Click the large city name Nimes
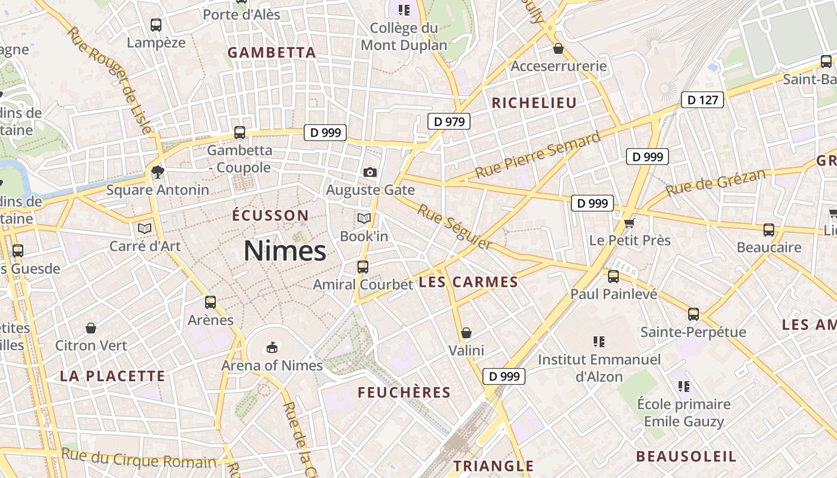click(285, 251)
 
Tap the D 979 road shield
click(449, 122)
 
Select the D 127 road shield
click(702, 100)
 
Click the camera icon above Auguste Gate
click(370, 173)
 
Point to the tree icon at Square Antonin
click(157, 172)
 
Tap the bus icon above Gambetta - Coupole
click(240, 133)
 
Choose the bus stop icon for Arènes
click(210, 302)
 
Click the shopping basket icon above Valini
click(466, 333)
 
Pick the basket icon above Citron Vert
click(91, 328)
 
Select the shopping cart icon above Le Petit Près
click(629, 223)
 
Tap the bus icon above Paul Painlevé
click(613, 277)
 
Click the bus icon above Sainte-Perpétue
click(694, 314)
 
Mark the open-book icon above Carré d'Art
click(145, 228)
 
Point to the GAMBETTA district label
click(271, 53)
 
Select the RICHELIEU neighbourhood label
click(534, 103)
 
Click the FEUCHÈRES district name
click(404, 393)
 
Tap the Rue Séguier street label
click(454, 227)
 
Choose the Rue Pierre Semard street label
click(537, 155)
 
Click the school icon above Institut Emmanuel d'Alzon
click(599, 342)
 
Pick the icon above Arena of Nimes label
click(272, 347)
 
